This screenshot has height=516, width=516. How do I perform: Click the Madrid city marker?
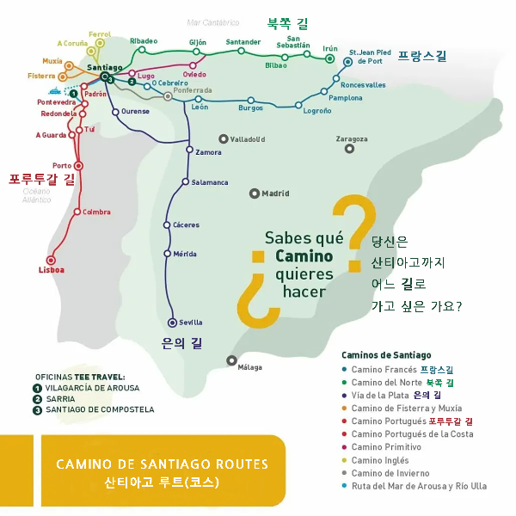(254, 193)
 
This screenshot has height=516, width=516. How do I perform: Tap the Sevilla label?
(191, 322)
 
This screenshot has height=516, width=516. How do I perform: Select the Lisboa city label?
(52, 270)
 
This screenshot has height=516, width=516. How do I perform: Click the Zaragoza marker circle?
(349, 149)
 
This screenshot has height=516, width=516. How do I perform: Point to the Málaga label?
(249, 367)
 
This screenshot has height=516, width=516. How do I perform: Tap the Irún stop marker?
(329, 59)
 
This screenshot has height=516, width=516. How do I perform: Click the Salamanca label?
(210, 182)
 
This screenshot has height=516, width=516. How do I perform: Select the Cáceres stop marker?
(167, 224)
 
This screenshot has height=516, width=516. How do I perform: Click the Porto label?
(62, 165)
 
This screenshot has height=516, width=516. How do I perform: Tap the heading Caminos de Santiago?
(386, 355)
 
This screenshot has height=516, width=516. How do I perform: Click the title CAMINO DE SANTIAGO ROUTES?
(162, 464)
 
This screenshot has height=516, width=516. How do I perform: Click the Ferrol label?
(100, 33)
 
